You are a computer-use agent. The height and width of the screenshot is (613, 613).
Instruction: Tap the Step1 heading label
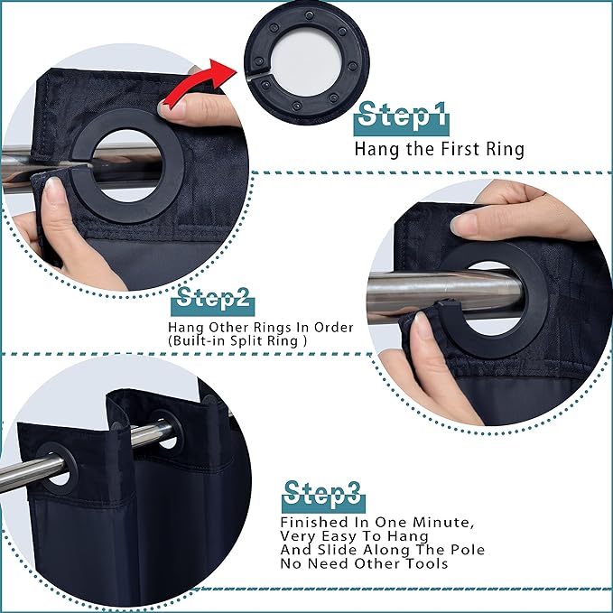coord(402,118)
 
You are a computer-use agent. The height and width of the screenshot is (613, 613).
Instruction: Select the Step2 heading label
coord(213,302)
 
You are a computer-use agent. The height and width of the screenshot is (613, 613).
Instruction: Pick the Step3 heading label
coord(323,497)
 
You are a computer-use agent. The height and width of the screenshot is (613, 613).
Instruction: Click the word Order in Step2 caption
coord(334,327)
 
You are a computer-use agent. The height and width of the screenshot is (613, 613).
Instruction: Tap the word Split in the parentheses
coord(246,341)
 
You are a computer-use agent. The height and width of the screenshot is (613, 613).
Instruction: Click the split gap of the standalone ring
coord(257,75)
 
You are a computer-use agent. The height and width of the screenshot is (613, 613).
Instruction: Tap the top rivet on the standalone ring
coord(310,15)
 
